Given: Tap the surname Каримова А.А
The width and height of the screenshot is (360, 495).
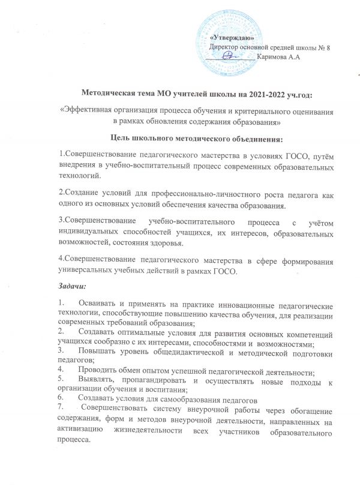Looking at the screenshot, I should [277, 56].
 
